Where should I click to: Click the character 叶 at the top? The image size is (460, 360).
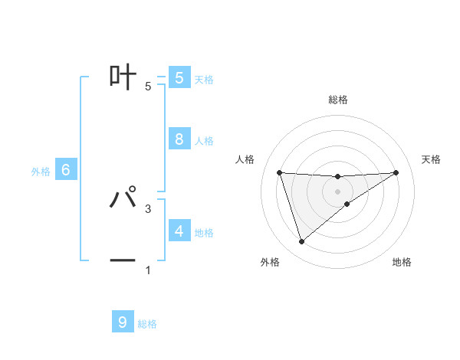coord(123,77)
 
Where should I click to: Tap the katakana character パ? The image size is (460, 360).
coord(123,198)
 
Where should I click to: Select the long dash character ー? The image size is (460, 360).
coord(123,261)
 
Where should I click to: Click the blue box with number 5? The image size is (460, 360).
coord(179,77)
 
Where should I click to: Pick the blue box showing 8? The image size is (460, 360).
coord(179,139)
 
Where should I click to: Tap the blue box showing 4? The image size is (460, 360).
coord(179,231)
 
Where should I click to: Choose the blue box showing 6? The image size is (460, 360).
coord(66,170)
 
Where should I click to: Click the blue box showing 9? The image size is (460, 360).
coord(123,322)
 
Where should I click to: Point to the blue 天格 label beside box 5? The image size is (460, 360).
coord(204,80)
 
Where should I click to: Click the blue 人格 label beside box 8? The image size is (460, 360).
coord(204,141)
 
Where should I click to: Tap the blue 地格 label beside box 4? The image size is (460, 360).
coord(204,233)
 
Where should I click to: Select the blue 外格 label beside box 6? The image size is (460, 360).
coord(41,172)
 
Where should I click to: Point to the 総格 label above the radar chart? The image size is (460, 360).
coord(337,100)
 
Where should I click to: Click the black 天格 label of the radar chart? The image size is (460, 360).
coord(432,159)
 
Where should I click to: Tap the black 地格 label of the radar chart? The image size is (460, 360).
coord(402,263)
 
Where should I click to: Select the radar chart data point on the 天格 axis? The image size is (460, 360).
coord(396,172)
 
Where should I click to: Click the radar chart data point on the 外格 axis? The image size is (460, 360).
coord(301,242)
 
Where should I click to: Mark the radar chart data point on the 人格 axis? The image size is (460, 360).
coord(279,172)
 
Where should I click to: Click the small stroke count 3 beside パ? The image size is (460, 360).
coord(148,208)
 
